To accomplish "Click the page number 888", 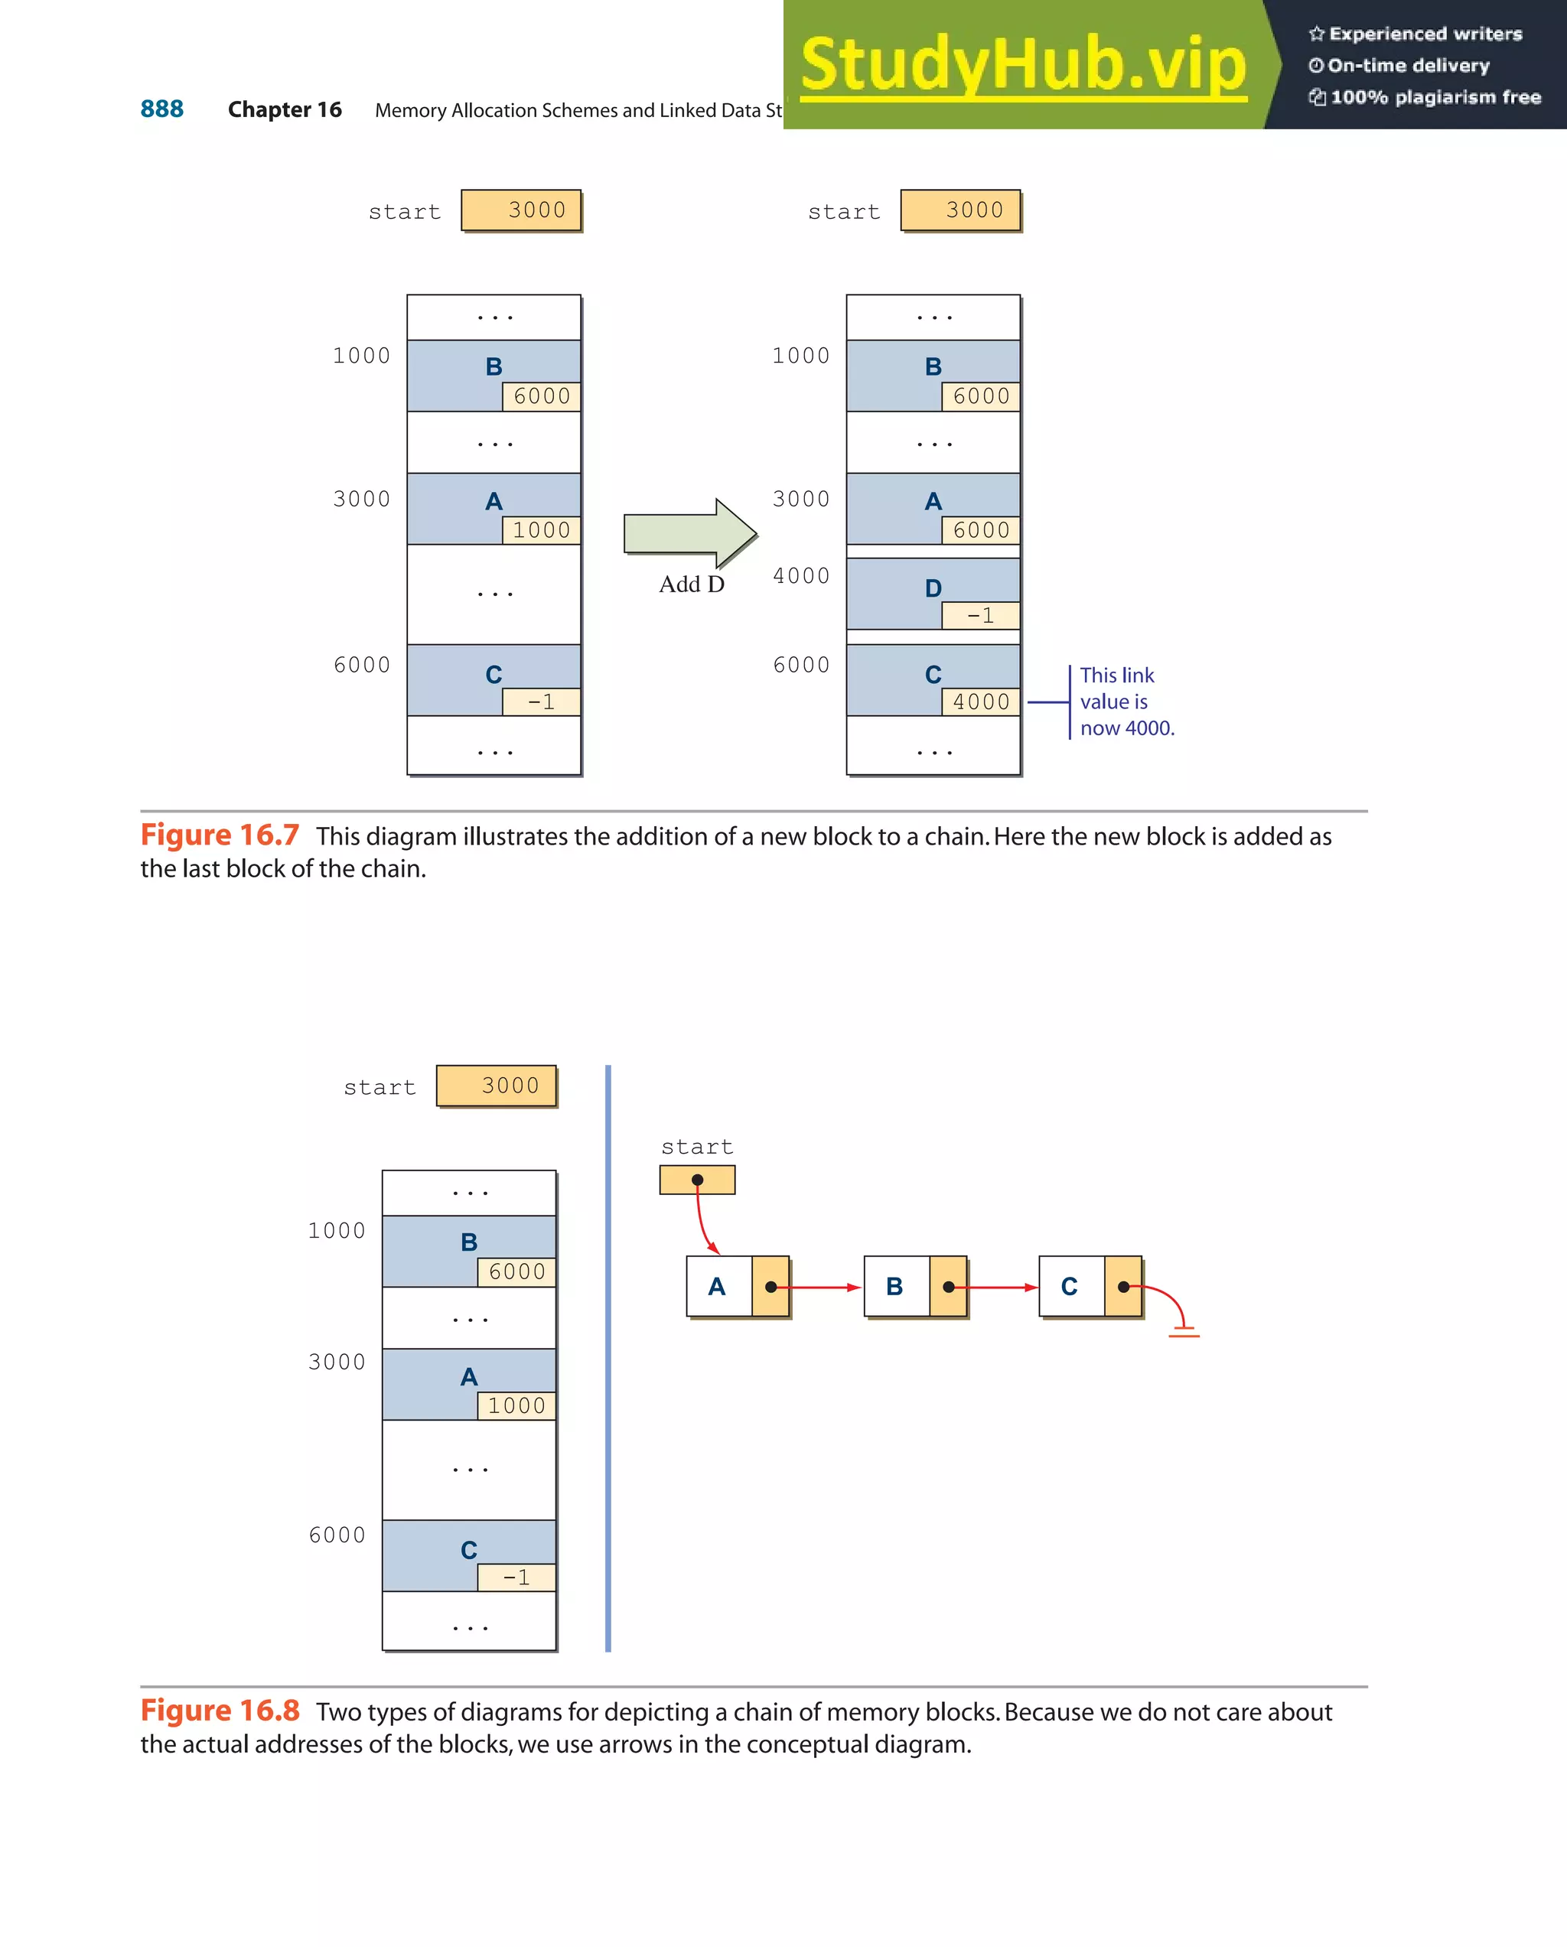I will (161, 109).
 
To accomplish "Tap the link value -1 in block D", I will (980, 616).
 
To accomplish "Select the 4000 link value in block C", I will (981, 702).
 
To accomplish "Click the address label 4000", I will (801, 576).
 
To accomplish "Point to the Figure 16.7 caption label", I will (220, 835).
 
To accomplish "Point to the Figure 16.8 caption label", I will (220, 1711).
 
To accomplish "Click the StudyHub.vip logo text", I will (1023, 64).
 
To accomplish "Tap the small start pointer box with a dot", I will (697, 1180).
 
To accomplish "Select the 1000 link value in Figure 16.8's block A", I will (516, 1406).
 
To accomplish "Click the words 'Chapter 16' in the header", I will (285, 110).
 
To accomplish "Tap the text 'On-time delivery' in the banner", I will (1408, 66).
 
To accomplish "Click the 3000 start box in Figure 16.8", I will (497, 1086).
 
